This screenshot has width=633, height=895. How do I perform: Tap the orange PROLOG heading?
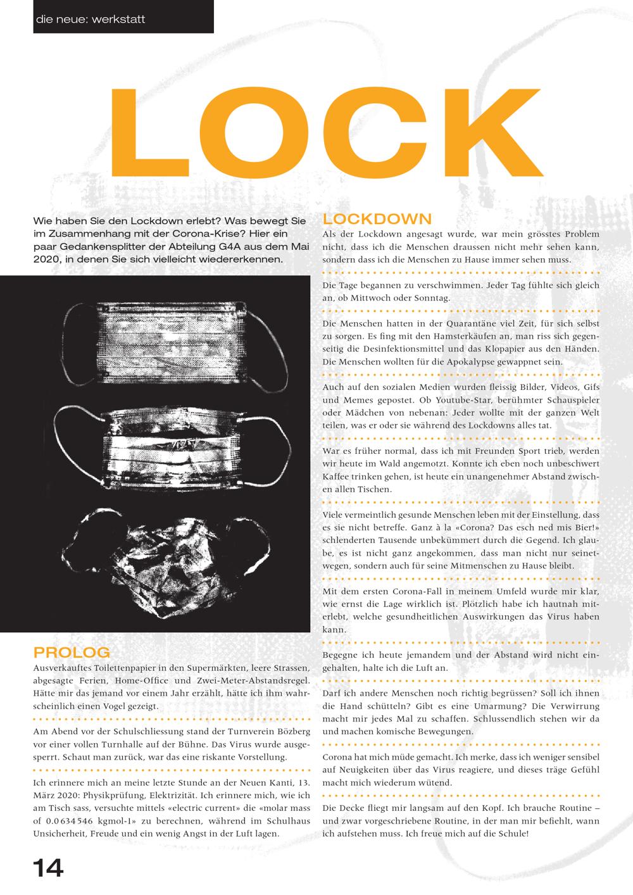coord(72,652)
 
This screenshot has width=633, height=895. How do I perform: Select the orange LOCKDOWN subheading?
coord(377,219)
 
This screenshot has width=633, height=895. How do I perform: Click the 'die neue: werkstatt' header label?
coord(91,19)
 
